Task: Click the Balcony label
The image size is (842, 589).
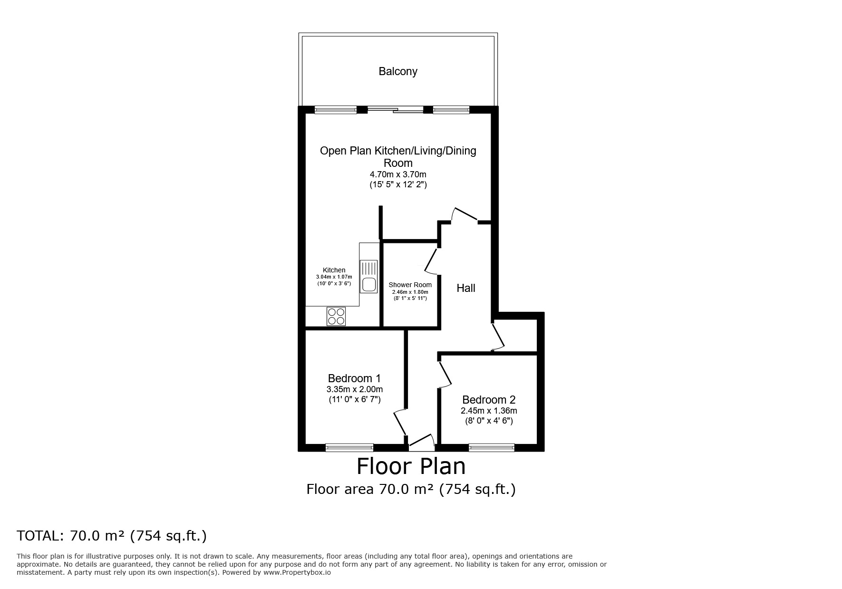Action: pyautogui.click(x=398, y=71)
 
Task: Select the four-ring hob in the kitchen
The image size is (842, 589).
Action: pyautogui.click(x=336, y=317)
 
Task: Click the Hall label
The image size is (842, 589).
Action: pyautogui.click(x=466, y=288)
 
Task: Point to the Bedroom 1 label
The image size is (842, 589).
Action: pyautogui.click(x=354, y=378)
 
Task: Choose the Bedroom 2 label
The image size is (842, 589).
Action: pyautogui.click(x=489, y=400)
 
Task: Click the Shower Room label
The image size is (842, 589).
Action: pyautogui.click(x=410, y=285)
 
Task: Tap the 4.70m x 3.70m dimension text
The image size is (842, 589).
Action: pyautogui.click(x=398, y=174)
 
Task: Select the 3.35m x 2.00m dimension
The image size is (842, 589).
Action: pyautogui.click(x=354, y=389)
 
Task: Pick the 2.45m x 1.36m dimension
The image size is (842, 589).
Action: pyautogui.click(x=489, y=411)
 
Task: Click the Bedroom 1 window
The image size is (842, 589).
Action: pyautogui.click(x=349, y=447)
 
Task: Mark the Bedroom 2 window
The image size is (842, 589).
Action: pyautogui.click(x=492, y=447)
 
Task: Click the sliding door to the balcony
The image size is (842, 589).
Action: pyautogui.click(x=395, y=109)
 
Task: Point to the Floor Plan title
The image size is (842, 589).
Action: pyautogui.click(x=411, y=466)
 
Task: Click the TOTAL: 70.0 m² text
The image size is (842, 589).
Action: pyautogui.click(x=112, y=536)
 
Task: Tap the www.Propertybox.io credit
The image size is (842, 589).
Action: pyautogui.click(x=297, y=573)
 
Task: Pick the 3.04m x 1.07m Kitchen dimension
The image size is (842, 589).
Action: pyautogui.click(x=334, y=277)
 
